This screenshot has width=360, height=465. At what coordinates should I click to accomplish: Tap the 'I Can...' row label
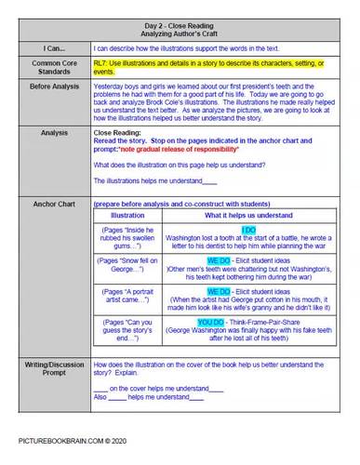52,46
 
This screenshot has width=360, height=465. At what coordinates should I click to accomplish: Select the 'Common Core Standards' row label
52,66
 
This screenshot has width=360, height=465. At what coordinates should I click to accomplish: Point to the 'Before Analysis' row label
52,86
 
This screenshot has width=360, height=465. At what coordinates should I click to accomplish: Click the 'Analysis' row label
52,133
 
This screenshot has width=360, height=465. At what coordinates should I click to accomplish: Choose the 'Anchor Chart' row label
52,202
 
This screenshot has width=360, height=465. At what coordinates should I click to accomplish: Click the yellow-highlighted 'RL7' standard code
101,61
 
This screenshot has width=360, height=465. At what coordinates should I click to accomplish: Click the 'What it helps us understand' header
248,215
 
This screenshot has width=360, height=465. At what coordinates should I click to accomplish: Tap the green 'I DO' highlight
248,229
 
